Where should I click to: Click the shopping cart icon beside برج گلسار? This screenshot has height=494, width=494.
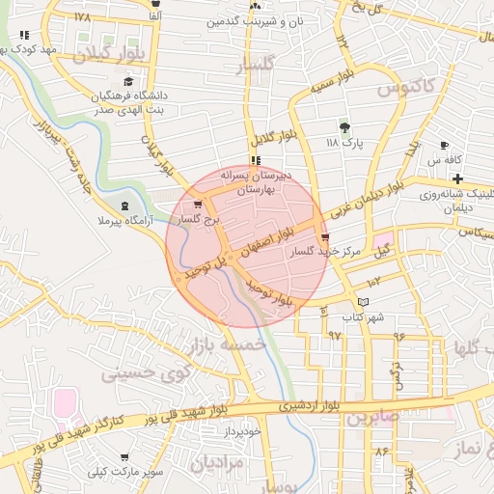pyautogui.click(x=199, y=205)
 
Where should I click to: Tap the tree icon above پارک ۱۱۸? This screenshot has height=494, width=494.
pyautogui.click(x=343, y=126)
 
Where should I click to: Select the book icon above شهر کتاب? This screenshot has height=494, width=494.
pyautogui.click(x=363, y=302)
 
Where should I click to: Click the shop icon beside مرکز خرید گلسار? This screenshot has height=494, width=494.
pyautogui.click(x=324, y=236)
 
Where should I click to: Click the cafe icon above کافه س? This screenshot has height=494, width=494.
pyautogui.click(x=446, y=143)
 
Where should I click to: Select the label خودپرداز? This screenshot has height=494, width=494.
pyautogui.click(x=240, y=431)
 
